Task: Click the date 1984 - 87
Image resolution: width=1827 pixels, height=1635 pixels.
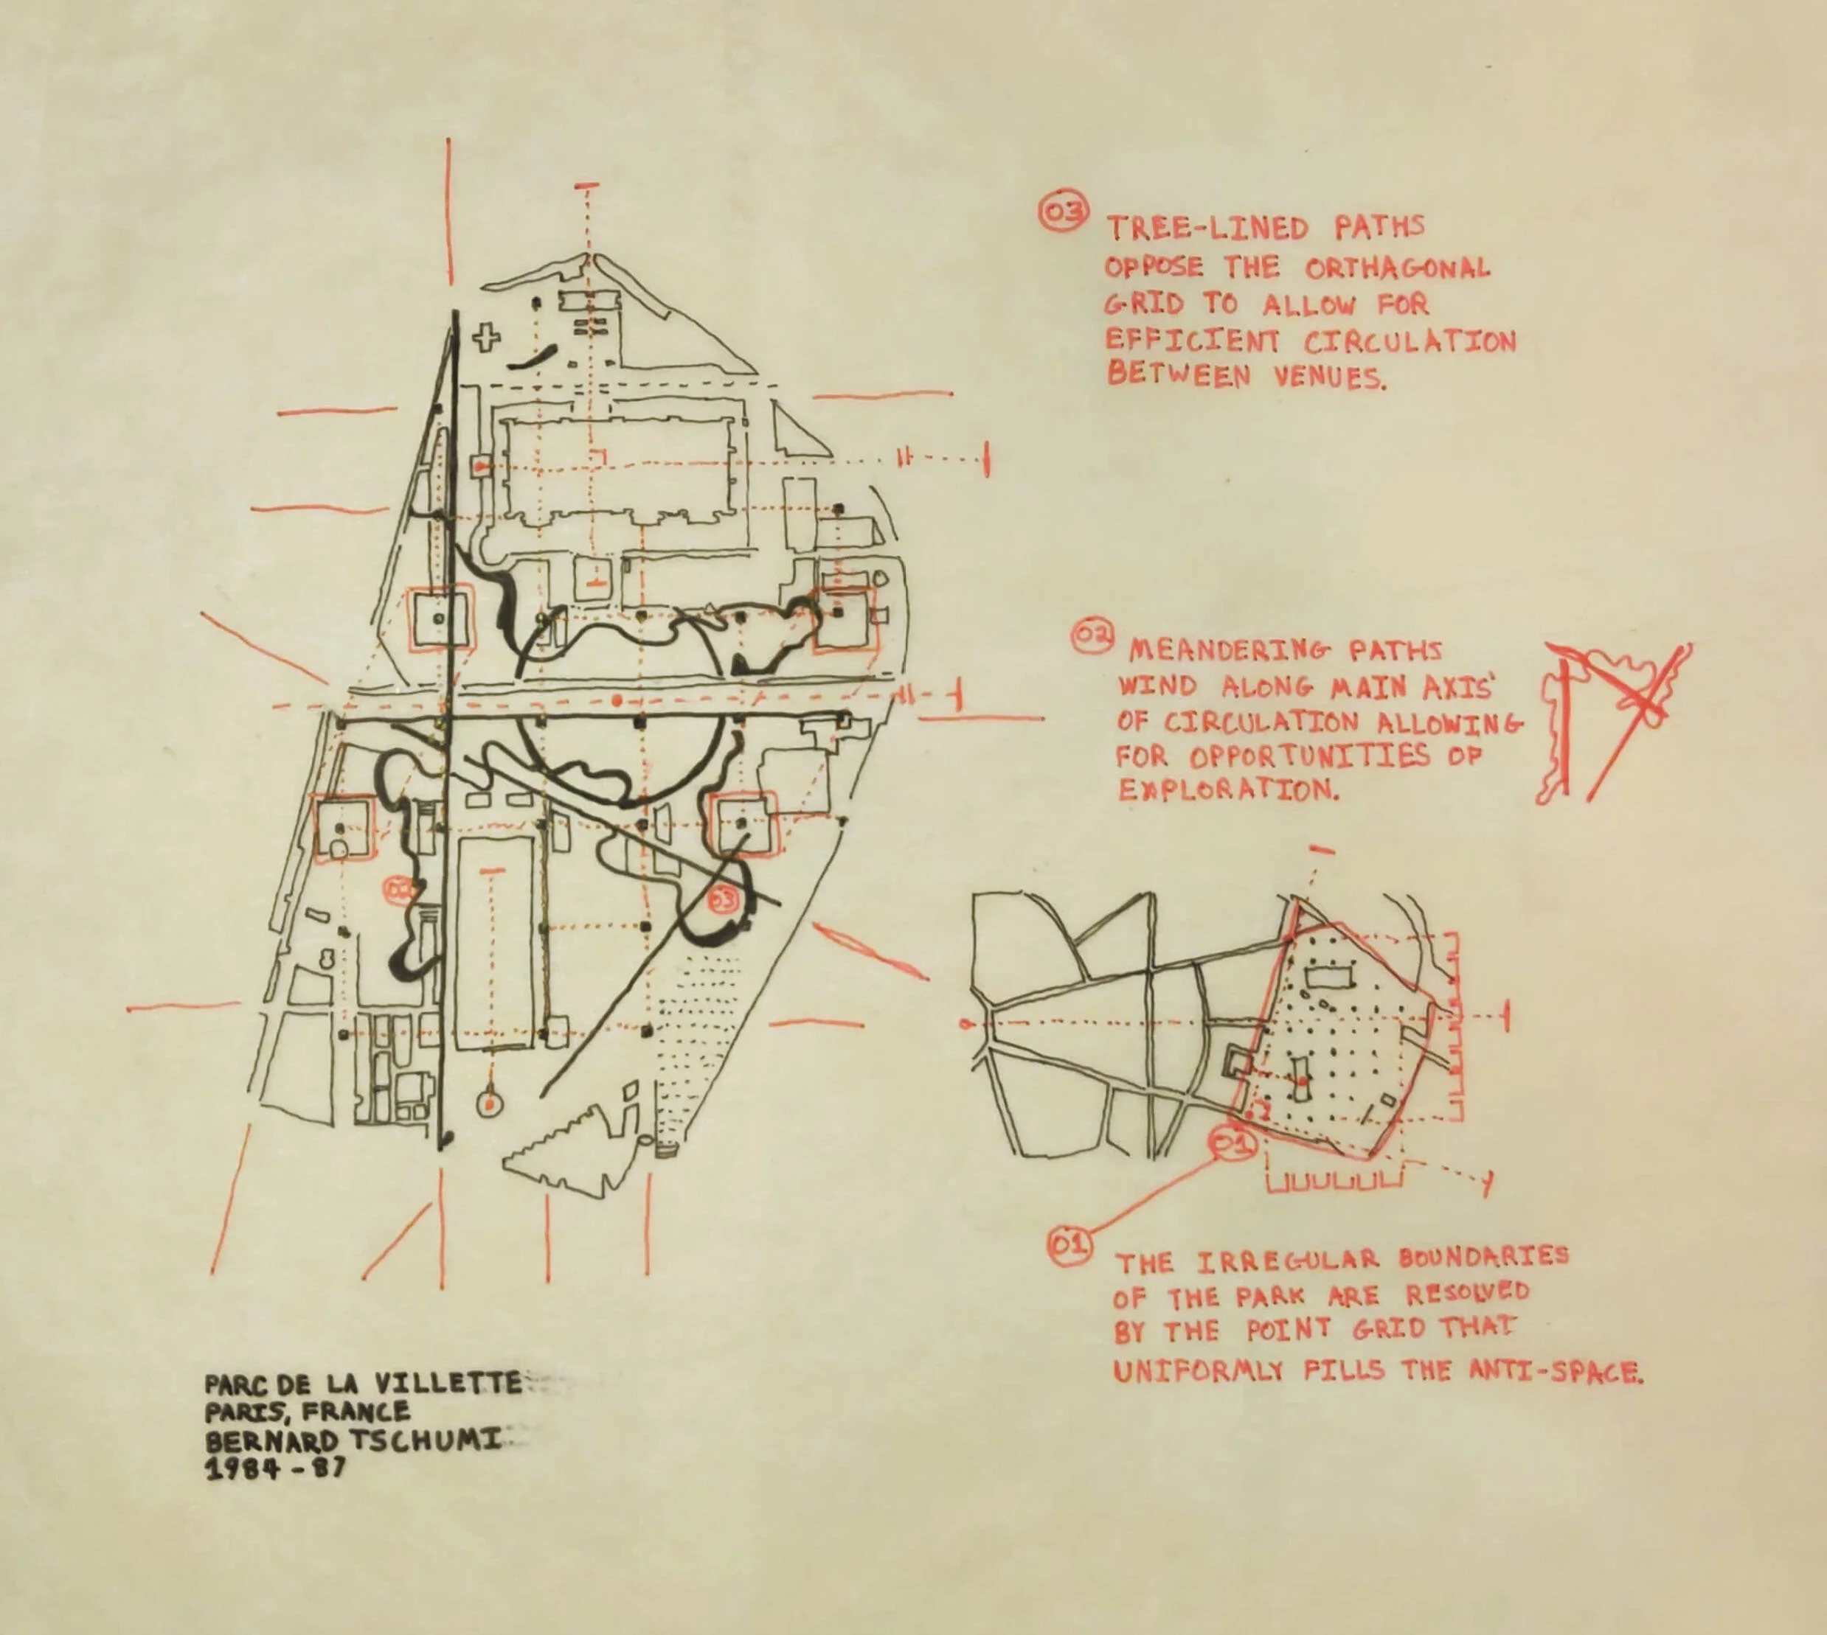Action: coord(275,1470)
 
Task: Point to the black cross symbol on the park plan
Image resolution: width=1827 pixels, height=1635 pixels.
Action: coord(488,338)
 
